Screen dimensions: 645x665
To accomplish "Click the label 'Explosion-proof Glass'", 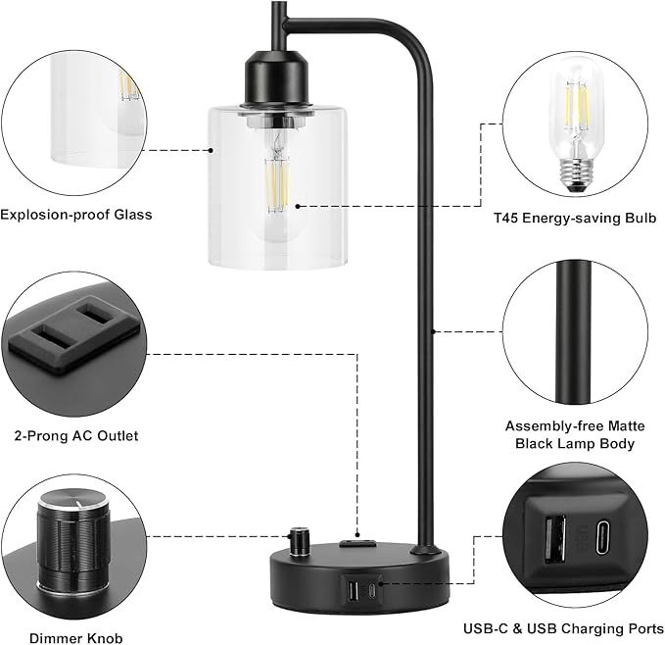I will (76, 215).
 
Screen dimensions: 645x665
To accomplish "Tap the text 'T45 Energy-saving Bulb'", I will (575, 217).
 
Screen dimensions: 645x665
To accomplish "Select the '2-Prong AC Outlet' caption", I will (76, 435).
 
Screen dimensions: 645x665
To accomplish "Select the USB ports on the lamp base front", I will (354, 590).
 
